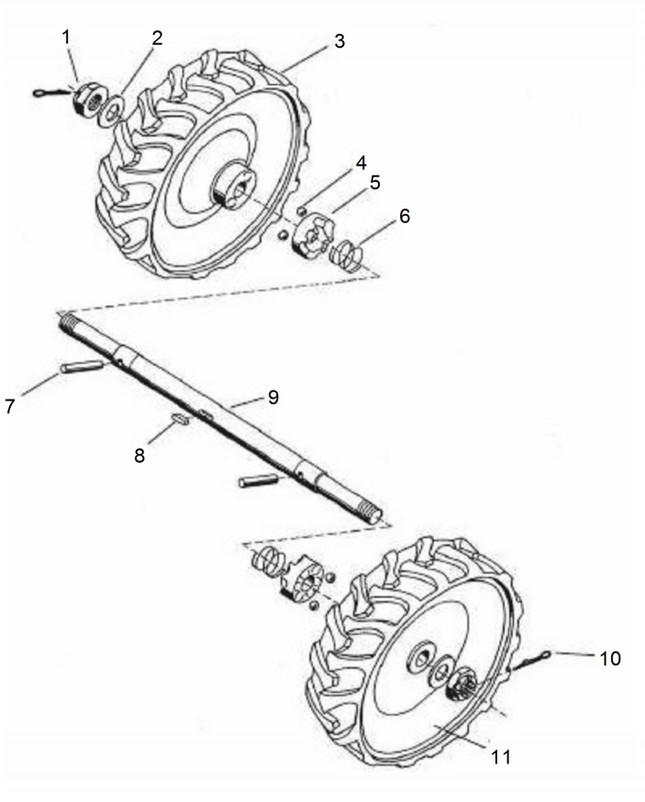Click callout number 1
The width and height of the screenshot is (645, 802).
tap(65, 37)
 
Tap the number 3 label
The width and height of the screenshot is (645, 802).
tap(339, 41)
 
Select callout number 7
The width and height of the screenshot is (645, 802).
tap(10, 406)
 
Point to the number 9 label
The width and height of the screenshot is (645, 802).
tap(273, 397)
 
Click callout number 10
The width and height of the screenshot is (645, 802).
tap(610, 659)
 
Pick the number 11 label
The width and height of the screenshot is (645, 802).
tap(500, 756)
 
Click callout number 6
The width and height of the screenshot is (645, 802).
tap(404, 216)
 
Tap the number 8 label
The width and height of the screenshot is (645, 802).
tap(139, 456)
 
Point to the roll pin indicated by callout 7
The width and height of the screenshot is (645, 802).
tap(82, 367)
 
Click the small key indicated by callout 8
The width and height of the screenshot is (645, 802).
tap(181, 418)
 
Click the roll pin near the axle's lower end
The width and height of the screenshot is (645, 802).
tap(259, 480)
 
